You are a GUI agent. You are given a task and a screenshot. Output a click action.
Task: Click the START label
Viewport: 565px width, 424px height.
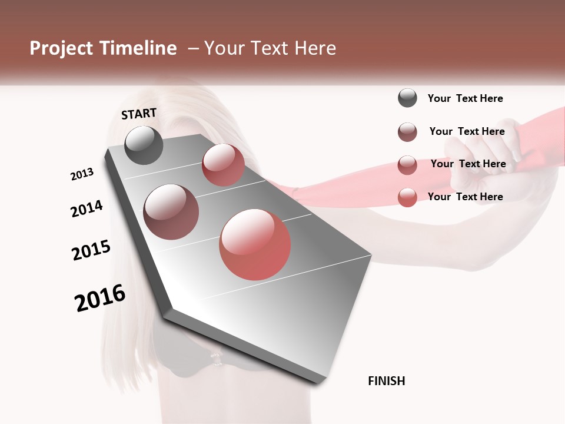pos(139,114)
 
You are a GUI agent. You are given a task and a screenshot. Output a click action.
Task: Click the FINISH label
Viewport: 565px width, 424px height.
pos(386,381)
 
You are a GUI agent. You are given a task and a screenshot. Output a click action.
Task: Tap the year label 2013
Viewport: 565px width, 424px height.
pos(82,174)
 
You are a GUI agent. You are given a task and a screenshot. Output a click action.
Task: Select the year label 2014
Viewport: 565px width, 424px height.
pos(87,209)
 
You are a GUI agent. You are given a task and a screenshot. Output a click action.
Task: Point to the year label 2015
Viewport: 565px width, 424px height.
pos(91,250)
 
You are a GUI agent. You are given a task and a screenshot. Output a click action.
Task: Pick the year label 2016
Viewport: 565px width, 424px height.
pos(100,298)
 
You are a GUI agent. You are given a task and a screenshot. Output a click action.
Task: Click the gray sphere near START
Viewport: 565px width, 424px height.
pos(144,145)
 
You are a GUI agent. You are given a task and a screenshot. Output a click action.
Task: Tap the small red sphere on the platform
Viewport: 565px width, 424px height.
pos(223,165)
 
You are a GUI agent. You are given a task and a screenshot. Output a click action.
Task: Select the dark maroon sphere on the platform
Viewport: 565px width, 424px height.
pos(171,212)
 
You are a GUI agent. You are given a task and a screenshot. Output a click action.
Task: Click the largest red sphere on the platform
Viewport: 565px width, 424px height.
pos(255,244)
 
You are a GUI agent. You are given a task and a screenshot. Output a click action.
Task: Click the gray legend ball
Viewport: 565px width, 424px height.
pos(407,98)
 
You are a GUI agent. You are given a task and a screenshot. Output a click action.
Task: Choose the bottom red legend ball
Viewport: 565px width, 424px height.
pos(407,197)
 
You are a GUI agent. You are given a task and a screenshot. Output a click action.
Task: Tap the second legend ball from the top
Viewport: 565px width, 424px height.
pos(407,132)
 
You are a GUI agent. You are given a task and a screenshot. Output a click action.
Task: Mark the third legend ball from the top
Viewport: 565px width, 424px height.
pos(407,165)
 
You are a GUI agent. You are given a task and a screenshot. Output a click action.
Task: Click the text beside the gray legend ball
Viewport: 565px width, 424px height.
pos(465,98)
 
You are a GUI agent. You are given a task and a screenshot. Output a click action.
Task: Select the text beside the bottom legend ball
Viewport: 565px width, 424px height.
pos(465,197)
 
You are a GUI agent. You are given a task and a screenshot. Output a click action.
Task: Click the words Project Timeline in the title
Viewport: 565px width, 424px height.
pos(103,48)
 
